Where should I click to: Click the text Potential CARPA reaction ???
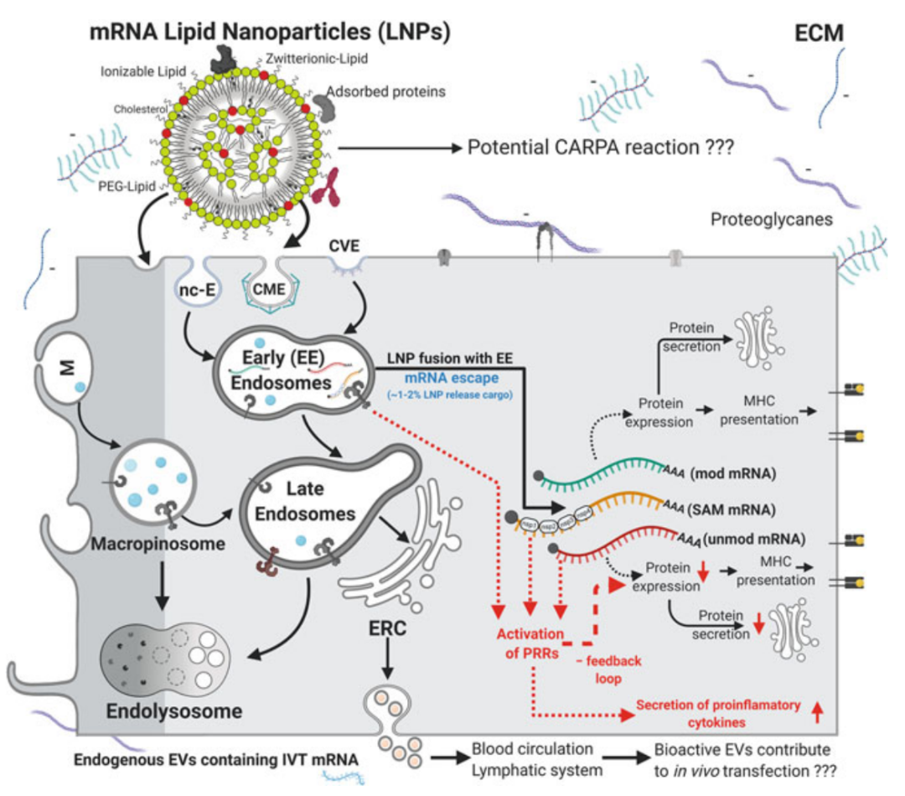pyautogui.click(x=602, y=148)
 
